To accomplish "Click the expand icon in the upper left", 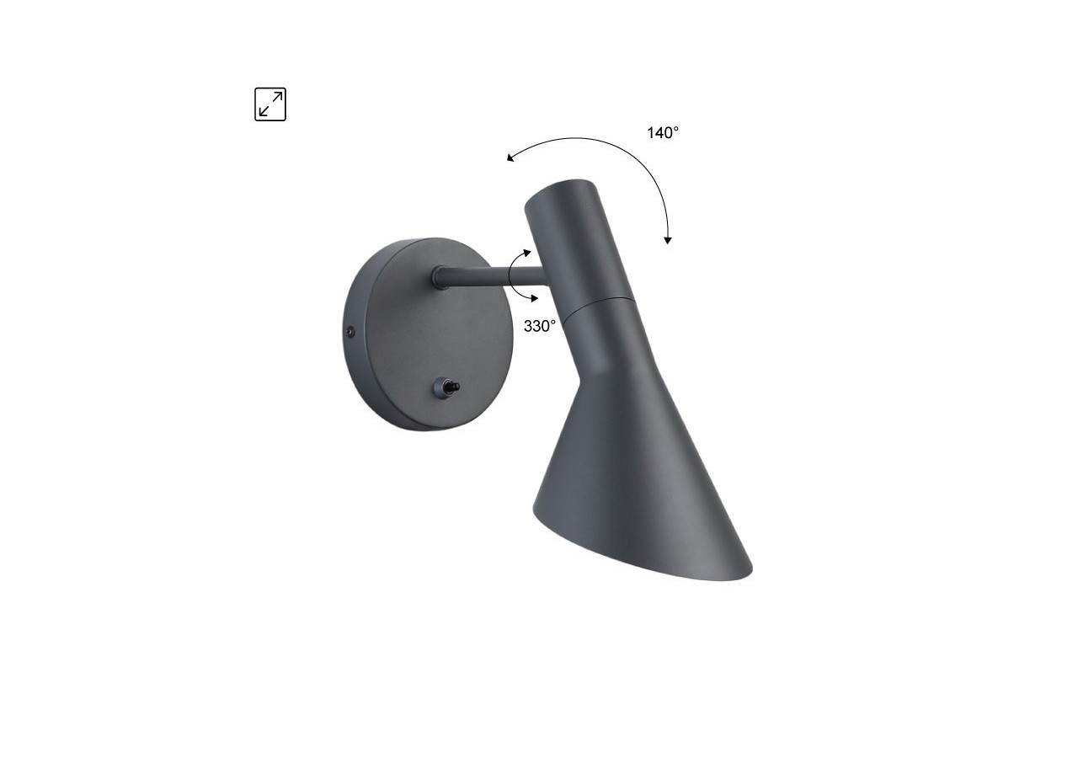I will tap(270, 104).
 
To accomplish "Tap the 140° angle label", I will tap(663, 132).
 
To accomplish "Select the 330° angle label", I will tap(540, 326).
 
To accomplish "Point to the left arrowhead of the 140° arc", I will tap(510, 157).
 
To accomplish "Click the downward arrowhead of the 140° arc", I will tap(668, 240).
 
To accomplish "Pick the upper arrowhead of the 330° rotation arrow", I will tap(527, 252).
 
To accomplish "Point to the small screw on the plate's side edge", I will tap(350, 333).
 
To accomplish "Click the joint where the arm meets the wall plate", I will tap(440, 276).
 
